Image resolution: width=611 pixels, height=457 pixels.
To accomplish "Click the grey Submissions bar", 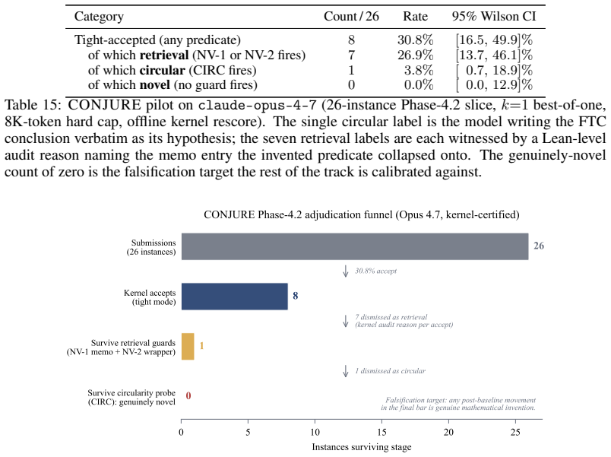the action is click(355, 246).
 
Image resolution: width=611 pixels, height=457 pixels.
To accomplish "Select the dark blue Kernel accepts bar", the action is click(235, 297).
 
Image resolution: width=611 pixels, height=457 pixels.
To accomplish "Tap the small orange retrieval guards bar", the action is click(188, 346).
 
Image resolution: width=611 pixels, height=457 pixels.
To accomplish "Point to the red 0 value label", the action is click(188, 395).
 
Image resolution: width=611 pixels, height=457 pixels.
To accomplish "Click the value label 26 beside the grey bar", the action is click(539, 246).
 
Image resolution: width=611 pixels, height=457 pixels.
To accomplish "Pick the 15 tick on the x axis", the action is click(381, 432).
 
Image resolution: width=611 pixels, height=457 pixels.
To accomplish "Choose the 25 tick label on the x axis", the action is click(515, 432).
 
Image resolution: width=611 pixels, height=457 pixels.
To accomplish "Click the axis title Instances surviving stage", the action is click(362, 447).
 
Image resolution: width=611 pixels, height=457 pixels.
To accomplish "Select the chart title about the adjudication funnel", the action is click(362, 215).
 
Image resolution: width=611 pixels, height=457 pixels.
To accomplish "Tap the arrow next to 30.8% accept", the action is click(345, 271).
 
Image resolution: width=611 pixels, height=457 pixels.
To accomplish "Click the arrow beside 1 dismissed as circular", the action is click(345, 371).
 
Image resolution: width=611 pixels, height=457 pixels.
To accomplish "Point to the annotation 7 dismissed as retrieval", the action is click(391, 317).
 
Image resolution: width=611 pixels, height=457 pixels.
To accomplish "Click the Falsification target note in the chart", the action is click(458, 404).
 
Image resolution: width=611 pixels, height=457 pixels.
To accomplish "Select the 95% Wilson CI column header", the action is click(494, 17).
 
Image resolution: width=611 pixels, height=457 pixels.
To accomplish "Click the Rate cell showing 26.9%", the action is click(416, 55).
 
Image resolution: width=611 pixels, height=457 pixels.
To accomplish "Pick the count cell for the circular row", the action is click(351, 70).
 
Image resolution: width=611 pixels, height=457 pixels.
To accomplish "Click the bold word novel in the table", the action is click(155, 85).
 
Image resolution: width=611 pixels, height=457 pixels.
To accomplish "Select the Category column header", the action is click(99, 17).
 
